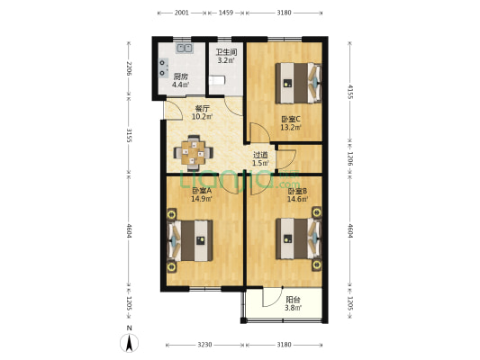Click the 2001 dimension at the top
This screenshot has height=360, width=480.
(181, 13)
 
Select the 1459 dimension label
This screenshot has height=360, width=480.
(226, 13)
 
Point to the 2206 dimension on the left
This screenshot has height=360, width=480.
(130, 68)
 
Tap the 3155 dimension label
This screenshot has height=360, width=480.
(130, 136)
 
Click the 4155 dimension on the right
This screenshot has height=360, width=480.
(351, 91)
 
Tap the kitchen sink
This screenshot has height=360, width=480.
(185, 49)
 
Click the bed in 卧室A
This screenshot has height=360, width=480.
(187, 241)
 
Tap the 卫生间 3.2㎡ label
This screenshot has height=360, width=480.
(226, 57)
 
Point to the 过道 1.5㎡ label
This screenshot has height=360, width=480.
(260, 158)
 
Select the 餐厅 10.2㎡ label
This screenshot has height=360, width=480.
(202, 112)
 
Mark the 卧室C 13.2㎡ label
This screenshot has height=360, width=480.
(290, 123)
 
